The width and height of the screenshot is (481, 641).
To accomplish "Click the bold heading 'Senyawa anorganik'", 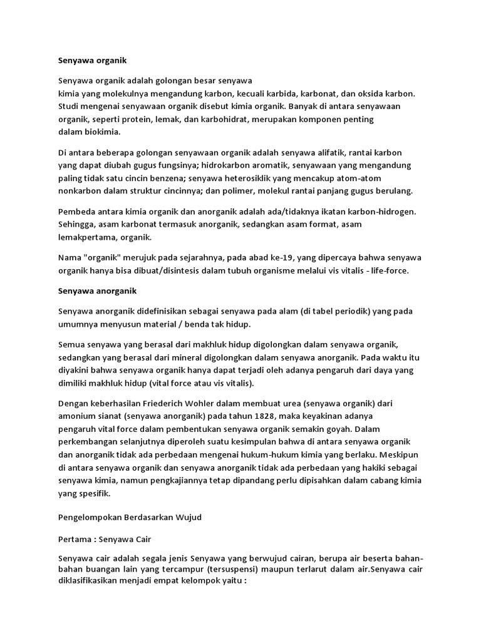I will click(96, 291).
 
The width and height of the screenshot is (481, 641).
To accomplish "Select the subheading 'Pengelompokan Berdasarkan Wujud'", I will click(130, 518).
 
